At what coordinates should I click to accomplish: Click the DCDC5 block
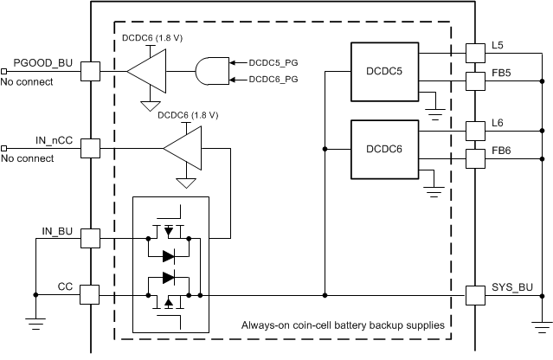pyautogui.click(x=383, y=71)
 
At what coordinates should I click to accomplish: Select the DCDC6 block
pyautogui.click(x=383, y=149)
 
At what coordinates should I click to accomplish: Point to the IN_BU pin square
pyautogui.click(x=90, y=238)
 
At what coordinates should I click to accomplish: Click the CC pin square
pyautogui.click(x=90, y=296)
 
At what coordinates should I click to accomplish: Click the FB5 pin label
pyautogui.click(x=502, y=73)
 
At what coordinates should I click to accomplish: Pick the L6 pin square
pyautogui.click(x=474, y=131)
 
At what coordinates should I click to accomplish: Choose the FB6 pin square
pyautogui.click(x=474, y=158)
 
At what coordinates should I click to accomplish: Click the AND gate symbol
pyautogui.click(x=211, y=72)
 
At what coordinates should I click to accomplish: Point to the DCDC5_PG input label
pyautogui.click(x=274, y=63)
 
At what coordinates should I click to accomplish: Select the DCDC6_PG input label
pyautogui.click(x=274, y=80)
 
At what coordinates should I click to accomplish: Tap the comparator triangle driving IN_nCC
pyautogui.click(x=183, y=149)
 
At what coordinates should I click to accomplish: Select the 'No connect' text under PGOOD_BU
pyautogui.click(x=27, y=82)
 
